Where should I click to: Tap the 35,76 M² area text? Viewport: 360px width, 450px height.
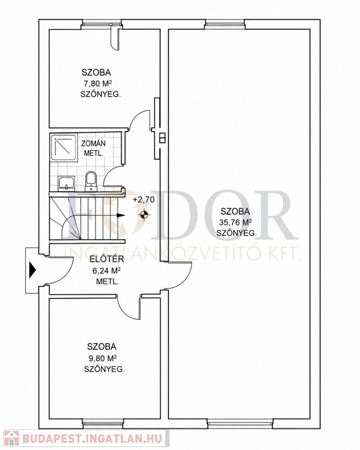tap(235, 222)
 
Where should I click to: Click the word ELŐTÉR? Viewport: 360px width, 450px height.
tap(107, 259)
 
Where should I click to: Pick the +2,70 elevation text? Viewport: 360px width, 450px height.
tap(143, 199)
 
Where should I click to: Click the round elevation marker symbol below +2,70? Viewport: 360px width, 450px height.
tap(144, 214)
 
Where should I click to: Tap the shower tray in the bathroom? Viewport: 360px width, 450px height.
tap(64, 147)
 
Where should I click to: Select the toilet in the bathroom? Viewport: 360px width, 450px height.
tap(91, 181)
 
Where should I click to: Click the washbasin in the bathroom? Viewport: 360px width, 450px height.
tap(67, 183)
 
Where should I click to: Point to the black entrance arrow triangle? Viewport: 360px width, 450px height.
tap(32, 270)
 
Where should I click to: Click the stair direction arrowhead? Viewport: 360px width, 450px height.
tap(121, 214)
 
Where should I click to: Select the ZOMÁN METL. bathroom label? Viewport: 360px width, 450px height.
tap(93, 148)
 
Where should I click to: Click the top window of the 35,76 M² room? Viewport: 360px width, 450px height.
tap(225, 25)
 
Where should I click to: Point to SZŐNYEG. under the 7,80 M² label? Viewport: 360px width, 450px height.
tap(100, 94)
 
